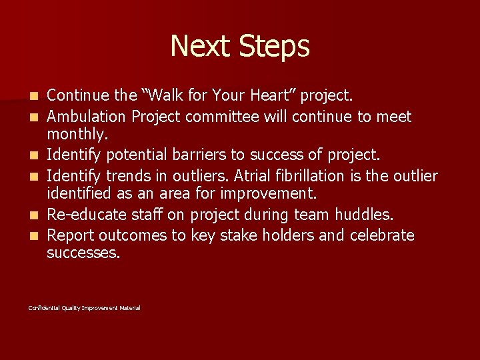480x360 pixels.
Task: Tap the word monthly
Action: [x=75, y=136]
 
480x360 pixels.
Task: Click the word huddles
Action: [x=363, y=215]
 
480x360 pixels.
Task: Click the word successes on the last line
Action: [x=84, y=254]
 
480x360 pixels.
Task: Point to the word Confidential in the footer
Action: [x=44, y=308]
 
